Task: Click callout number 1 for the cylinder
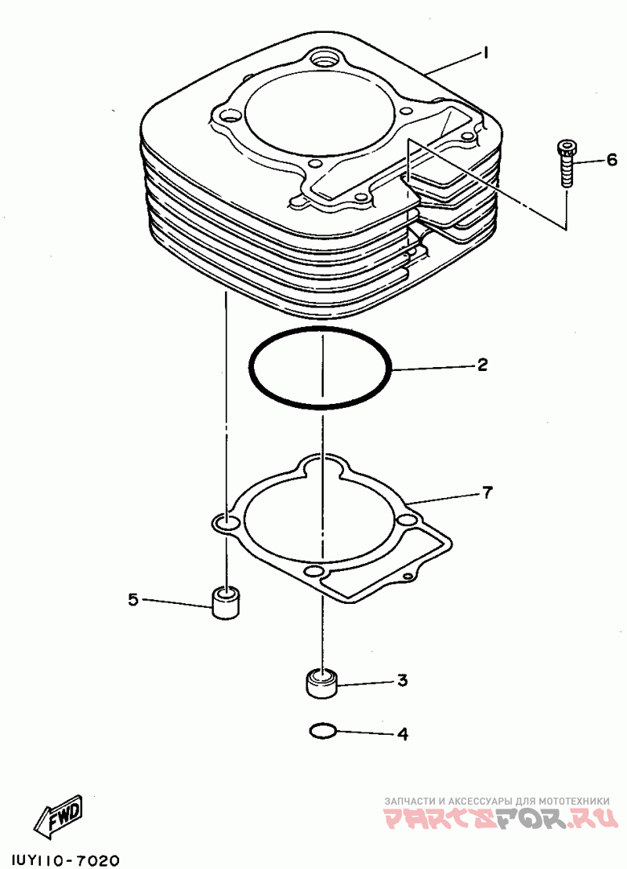[486, 53]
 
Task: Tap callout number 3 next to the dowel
[401, 681]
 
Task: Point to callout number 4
[402, 735]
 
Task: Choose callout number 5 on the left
[133, 600]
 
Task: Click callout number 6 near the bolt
[611, 161]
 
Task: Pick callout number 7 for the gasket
[487, 493]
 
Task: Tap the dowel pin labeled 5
[227, 602]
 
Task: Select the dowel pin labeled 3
[321, 682]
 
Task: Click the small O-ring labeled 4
[323, 732]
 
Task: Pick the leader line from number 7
[443, 498]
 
